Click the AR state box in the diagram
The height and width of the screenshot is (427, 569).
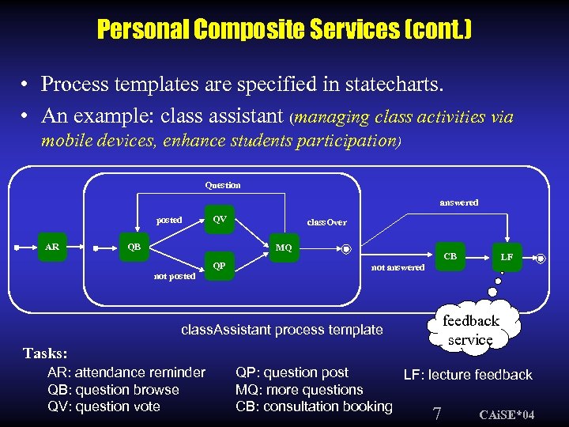click(52, 247)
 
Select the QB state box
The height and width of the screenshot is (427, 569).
click(134, 247)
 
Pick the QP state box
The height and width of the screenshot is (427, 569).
click(220, 266)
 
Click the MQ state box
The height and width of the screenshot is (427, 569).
click(284, 248)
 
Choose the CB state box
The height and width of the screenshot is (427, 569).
click(450, 256)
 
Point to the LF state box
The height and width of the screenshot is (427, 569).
click(507, 257)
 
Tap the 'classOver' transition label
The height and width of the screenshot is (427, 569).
click(326, 223)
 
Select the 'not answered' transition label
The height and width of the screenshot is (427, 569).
click(398, 267)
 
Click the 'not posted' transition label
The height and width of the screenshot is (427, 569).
click(175, 276)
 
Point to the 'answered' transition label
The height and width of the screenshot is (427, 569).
click(458, 202)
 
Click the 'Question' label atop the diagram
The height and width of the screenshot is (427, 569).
click(223, 185)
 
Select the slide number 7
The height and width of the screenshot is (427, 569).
click(436, 412)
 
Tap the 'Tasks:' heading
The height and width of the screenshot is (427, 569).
click(45, 353)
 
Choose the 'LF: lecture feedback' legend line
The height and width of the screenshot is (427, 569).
click(468, 375)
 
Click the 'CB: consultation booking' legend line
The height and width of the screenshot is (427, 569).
click(314, 406)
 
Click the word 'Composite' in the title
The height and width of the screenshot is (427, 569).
click(259, 29)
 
